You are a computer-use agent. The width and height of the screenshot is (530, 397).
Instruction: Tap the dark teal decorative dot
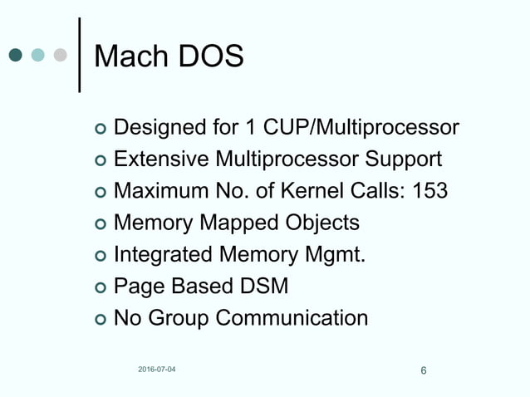pos(16,56)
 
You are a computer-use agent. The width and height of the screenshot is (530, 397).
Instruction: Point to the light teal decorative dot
pos(37,56)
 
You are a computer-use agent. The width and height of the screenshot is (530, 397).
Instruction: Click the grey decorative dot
pos(59,56)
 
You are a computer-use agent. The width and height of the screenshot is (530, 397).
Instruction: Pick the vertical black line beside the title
pos(79,54)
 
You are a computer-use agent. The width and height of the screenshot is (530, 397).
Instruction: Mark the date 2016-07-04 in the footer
pos(157,369)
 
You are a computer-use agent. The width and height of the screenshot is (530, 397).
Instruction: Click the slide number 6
pos(424,370)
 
